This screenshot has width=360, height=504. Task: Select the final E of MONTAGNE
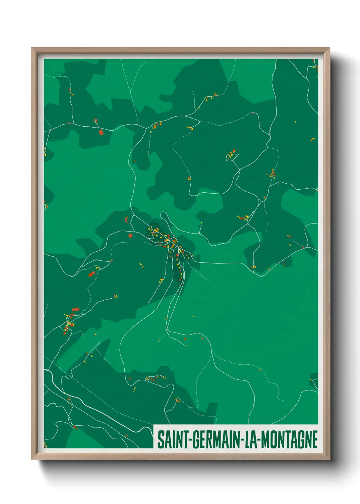click(315, 440)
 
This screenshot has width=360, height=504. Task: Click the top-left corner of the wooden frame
click(32, 48)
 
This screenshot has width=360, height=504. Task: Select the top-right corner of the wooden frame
click(329, 48)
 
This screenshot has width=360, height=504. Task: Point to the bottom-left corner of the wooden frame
click(32, 459)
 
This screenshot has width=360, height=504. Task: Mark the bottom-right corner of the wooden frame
click(329, 459)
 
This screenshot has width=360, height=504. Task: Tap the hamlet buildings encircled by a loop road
click(232, 155)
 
